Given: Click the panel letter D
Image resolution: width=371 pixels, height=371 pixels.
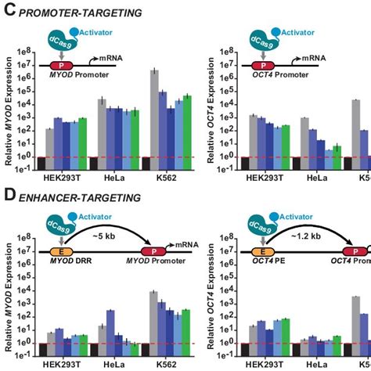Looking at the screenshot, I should pyautogui.click(x=10, y=199).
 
